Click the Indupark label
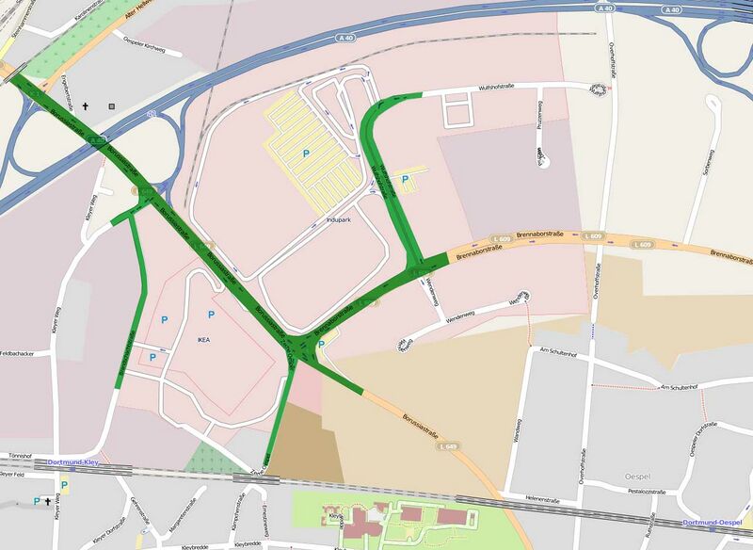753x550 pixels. point(337,218)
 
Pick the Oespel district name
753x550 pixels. point(637,477)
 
